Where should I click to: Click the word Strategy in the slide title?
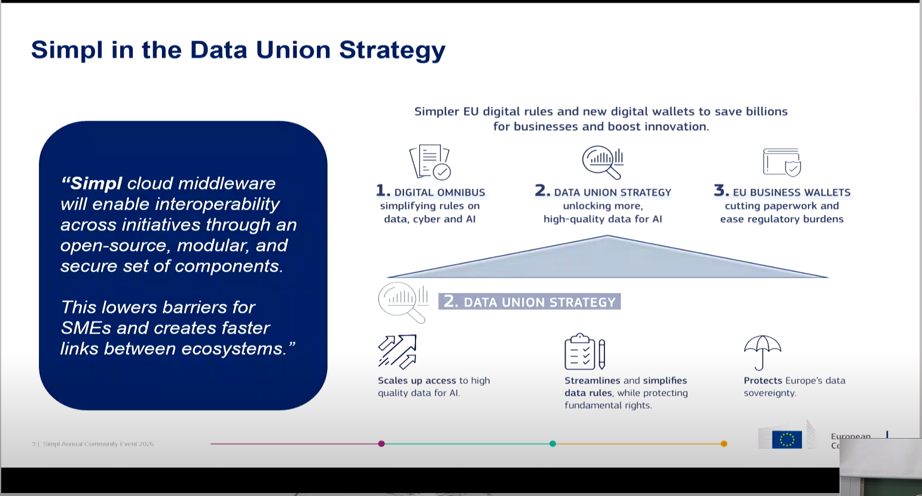[x=392, y=50]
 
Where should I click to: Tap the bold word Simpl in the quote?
[x=96, y=183]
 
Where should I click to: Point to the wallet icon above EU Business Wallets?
[x=781, y=162]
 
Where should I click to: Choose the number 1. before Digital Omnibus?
[x=383, y=191]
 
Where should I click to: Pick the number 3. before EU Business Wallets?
[x=721, y=191]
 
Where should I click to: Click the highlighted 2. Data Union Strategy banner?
[x=529, y=302]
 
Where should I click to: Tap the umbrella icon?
[x=762, y=352]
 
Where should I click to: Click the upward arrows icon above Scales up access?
[x=397, y=351]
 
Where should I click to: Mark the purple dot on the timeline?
[x=381, y=443]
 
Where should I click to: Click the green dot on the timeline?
[x=552, y=443]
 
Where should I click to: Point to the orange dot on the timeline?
[x=723, y=443]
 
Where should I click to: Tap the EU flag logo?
[x=786, y=440]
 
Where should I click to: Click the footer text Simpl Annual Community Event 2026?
[x=98, y=444]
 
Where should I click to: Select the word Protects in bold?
[x=762, y=381]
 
